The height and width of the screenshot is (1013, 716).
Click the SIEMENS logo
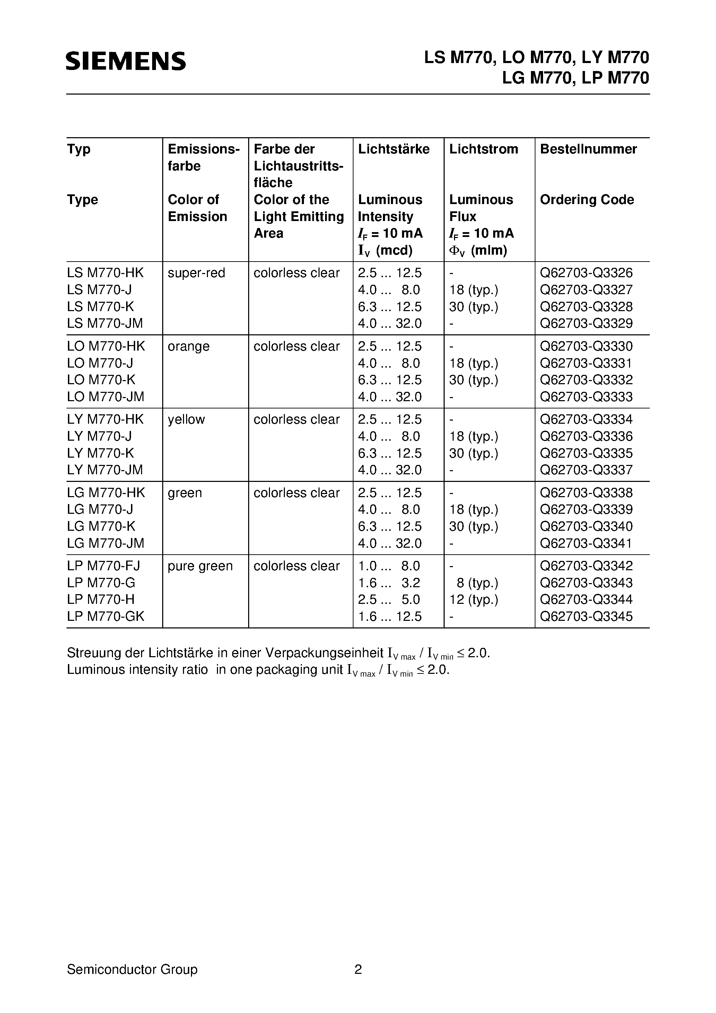click(126, 61)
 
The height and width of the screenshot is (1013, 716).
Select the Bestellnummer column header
click(588, 149)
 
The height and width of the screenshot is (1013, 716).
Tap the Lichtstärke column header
click(393, 149)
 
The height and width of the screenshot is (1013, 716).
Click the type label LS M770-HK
click(105, 273)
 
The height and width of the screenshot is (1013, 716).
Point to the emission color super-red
click(197, 273)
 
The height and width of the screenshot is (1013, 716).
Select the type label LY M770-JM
click(105, 470)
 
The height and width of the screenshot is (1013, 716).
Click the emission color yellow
click(186, 420)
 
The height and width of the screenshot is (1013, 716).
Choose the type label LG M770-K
click(101, 526)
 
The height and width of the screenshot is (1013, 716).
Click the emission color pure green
click(200, 566)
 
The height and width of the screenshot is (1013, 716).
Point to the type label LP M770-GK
click(105, 616)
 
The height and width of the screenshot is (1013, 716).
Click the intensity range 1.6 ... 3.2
click(389, 583)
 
